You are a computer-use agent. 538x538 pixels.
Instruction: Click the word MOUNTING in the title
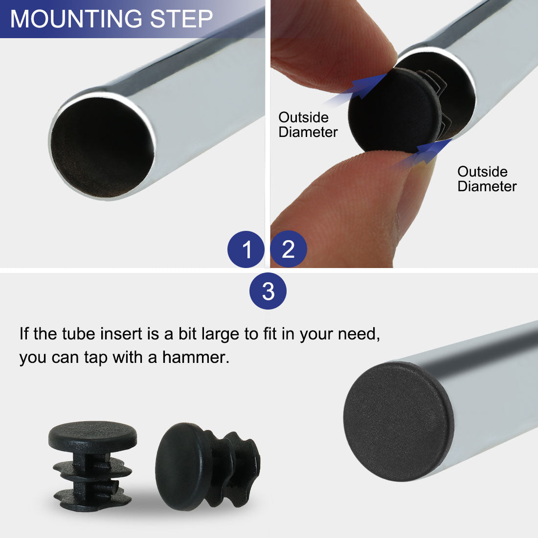coord(76,19)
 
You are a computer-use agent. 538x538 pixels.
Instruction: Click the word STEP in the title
coord(181,19)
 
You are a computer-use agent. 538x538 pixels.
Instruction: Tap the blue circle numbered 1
coord(246,249)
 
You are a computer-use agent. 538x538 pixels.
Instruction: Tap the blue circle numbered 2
coord(288,249)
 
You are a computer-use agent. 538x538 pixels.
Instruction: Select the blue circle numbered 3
coord(268,291)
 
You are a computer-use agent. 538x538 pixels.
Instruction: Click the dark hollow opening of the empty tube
coord(102,148)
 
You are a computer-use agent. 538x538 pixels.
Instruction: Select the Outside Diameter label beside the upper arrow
coord(308,125)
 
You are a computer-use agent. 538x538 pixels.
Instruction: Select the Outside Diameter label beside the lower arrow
coord(487,179)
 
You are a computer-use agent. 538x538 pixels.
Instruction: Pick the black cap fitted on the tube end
coord(398,421)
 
